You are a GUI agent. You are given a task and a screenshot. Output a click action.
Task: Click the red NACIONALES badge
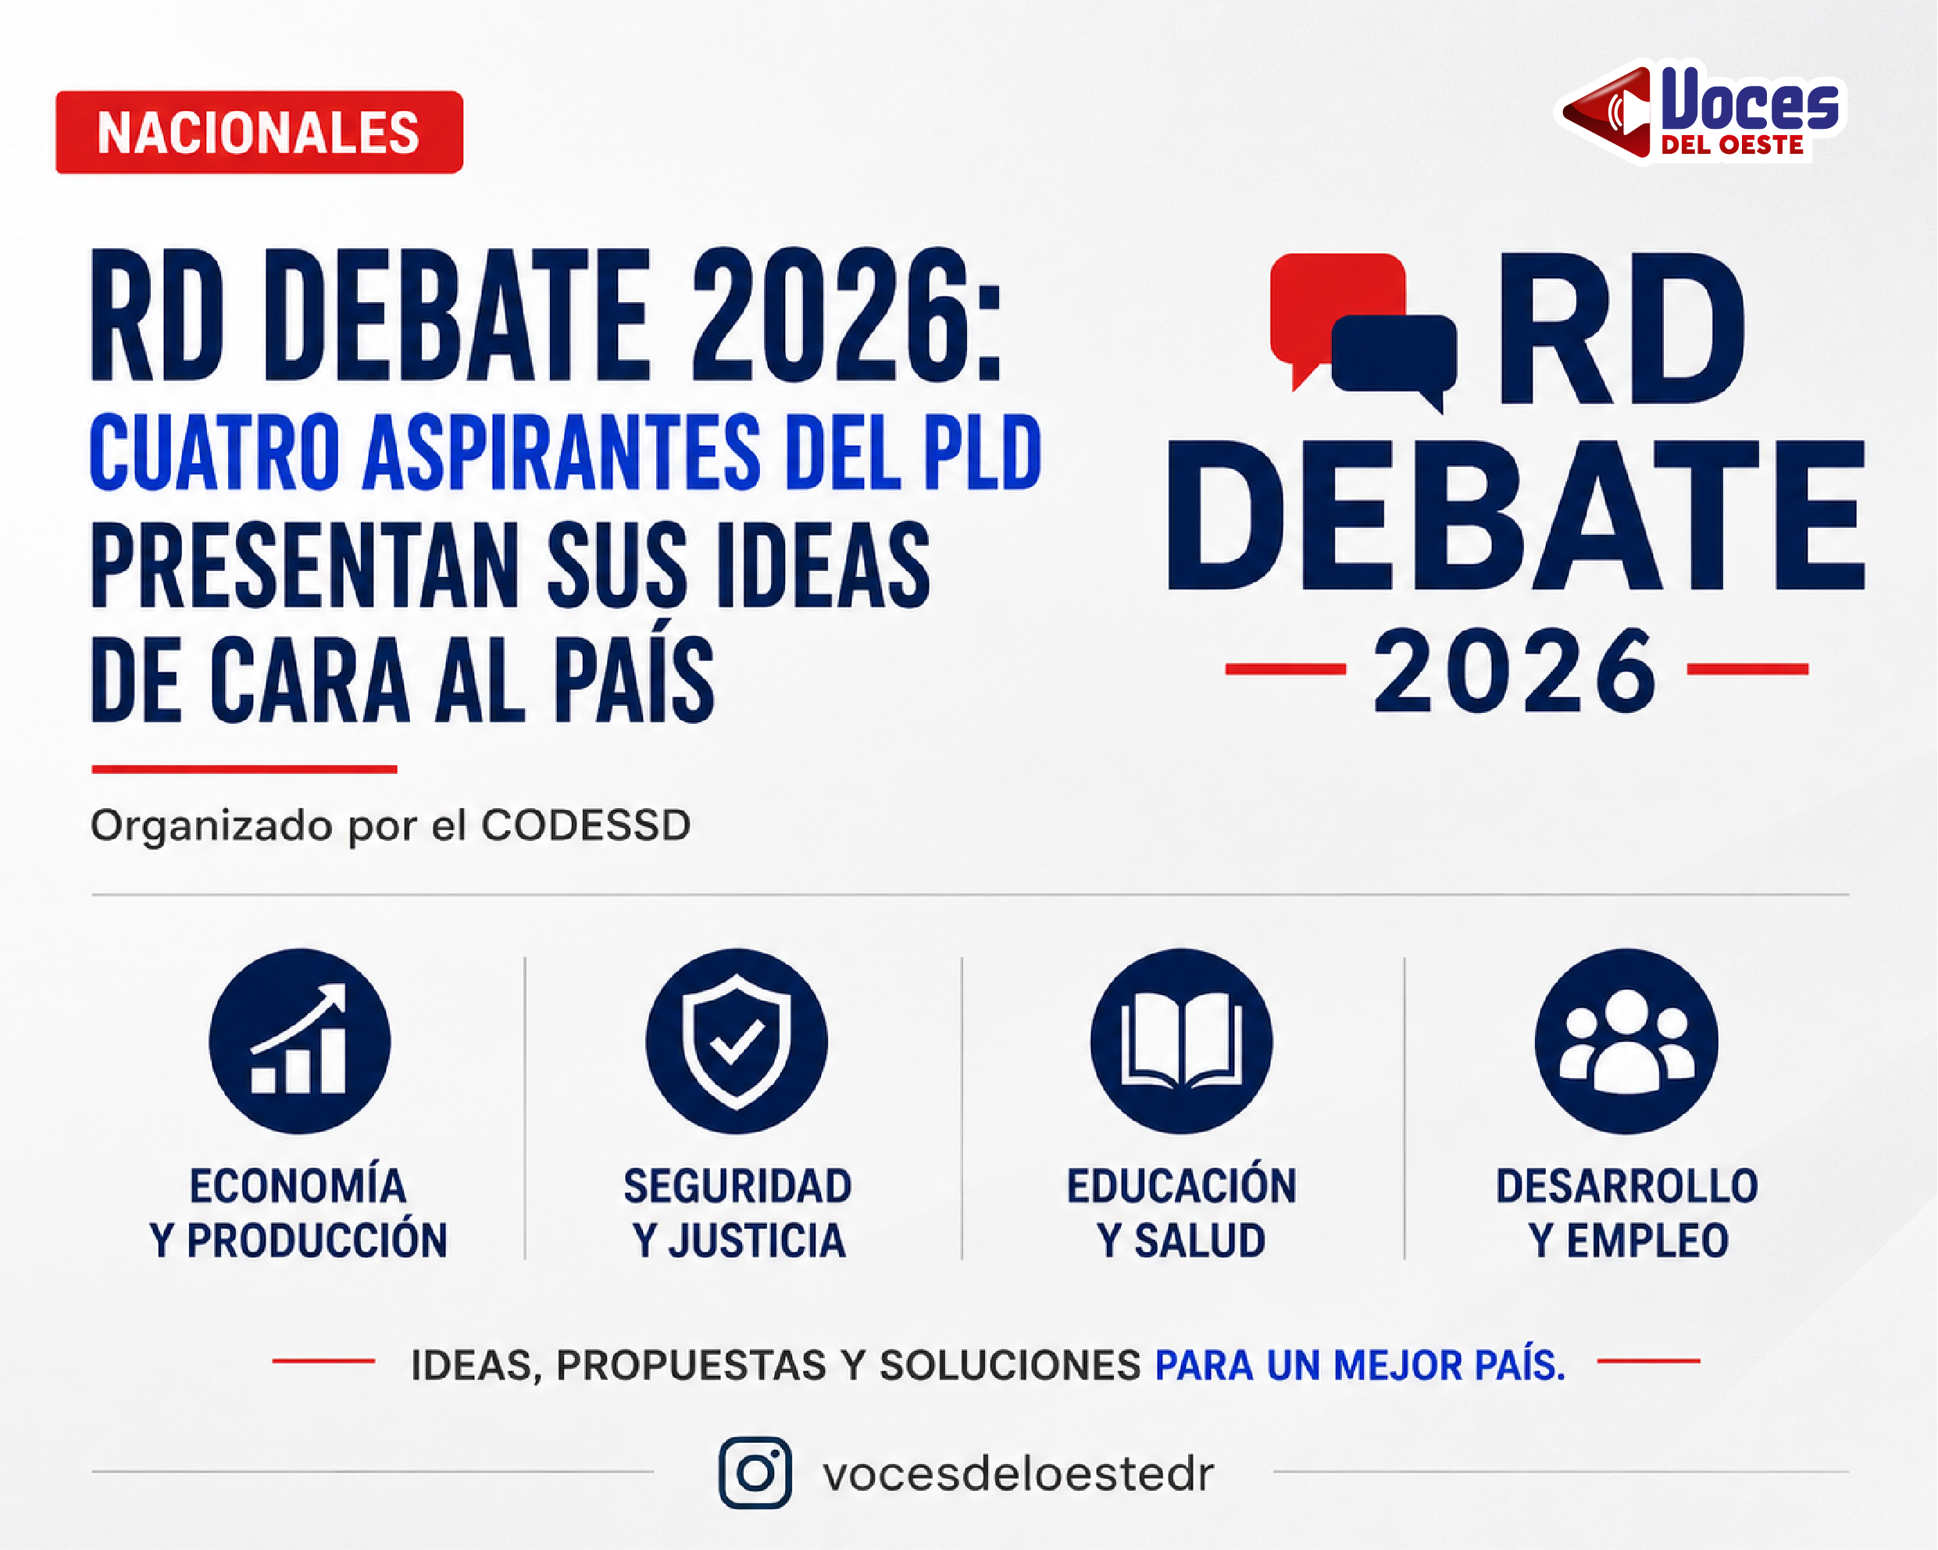click(259, 132)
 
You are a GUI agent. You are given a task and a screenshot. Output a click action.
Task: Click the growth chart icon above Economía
click(299, 1041)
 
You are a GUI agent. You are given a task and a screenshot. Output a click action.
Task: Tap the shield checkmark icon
click(736, 1041)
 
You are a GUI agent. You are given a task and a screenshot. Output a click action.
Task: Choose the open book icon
click(1181, 1041)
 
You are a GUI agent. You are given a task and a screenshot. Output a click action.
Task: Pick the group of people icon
click(1626, 1041)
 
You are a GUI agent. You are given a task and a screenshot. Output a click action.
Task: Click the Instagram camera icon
click(755, 1473)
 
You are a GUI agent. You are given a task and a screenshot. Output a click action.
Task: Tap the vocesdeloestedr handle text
click(1019, 1474)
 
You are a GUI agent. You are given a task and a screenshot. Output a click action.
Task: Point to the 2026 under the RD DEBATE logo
click(1515, 670)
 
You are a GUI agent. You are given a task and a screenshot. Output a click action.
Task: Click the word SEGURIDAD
click(738, 1186)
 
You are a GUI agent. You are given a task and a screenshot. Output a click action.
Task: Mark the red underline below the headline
click(244, 769)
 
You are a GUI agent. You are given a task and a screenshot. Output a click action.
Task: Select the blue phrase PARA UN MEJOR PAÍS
click(1360, 1365)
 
